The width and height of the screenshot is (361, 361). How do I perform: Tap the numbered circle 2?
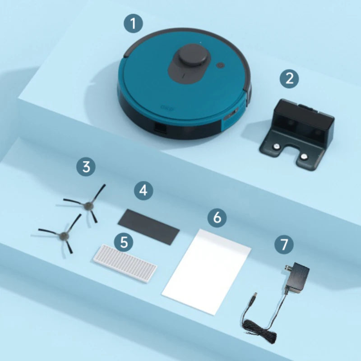(289, 79)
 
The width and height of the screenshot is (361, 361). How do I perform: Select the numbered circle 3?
(86, 167)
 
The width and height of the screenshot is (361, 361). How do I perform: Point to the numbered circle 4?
(143, 190)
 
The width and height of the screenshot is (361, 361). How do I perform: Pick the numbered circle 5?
(124, 242)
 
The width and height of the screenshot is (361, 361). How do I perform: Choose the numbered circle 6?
(217, 218)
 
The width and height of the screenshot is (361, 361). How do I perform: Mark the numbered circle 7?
(284, 244)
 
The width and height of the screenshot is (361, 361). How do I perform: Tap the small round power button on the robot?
(220, 65)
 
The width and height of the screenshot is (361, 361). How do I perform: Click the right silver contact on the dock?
(303, 156)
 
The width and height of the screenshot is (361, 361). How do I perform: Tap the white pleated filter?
(125, 264)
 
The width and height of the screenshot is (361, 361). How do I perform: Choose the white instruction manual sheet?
(207, 270)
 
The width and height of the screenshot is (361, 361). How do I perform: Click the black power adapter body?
(296, 277)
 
